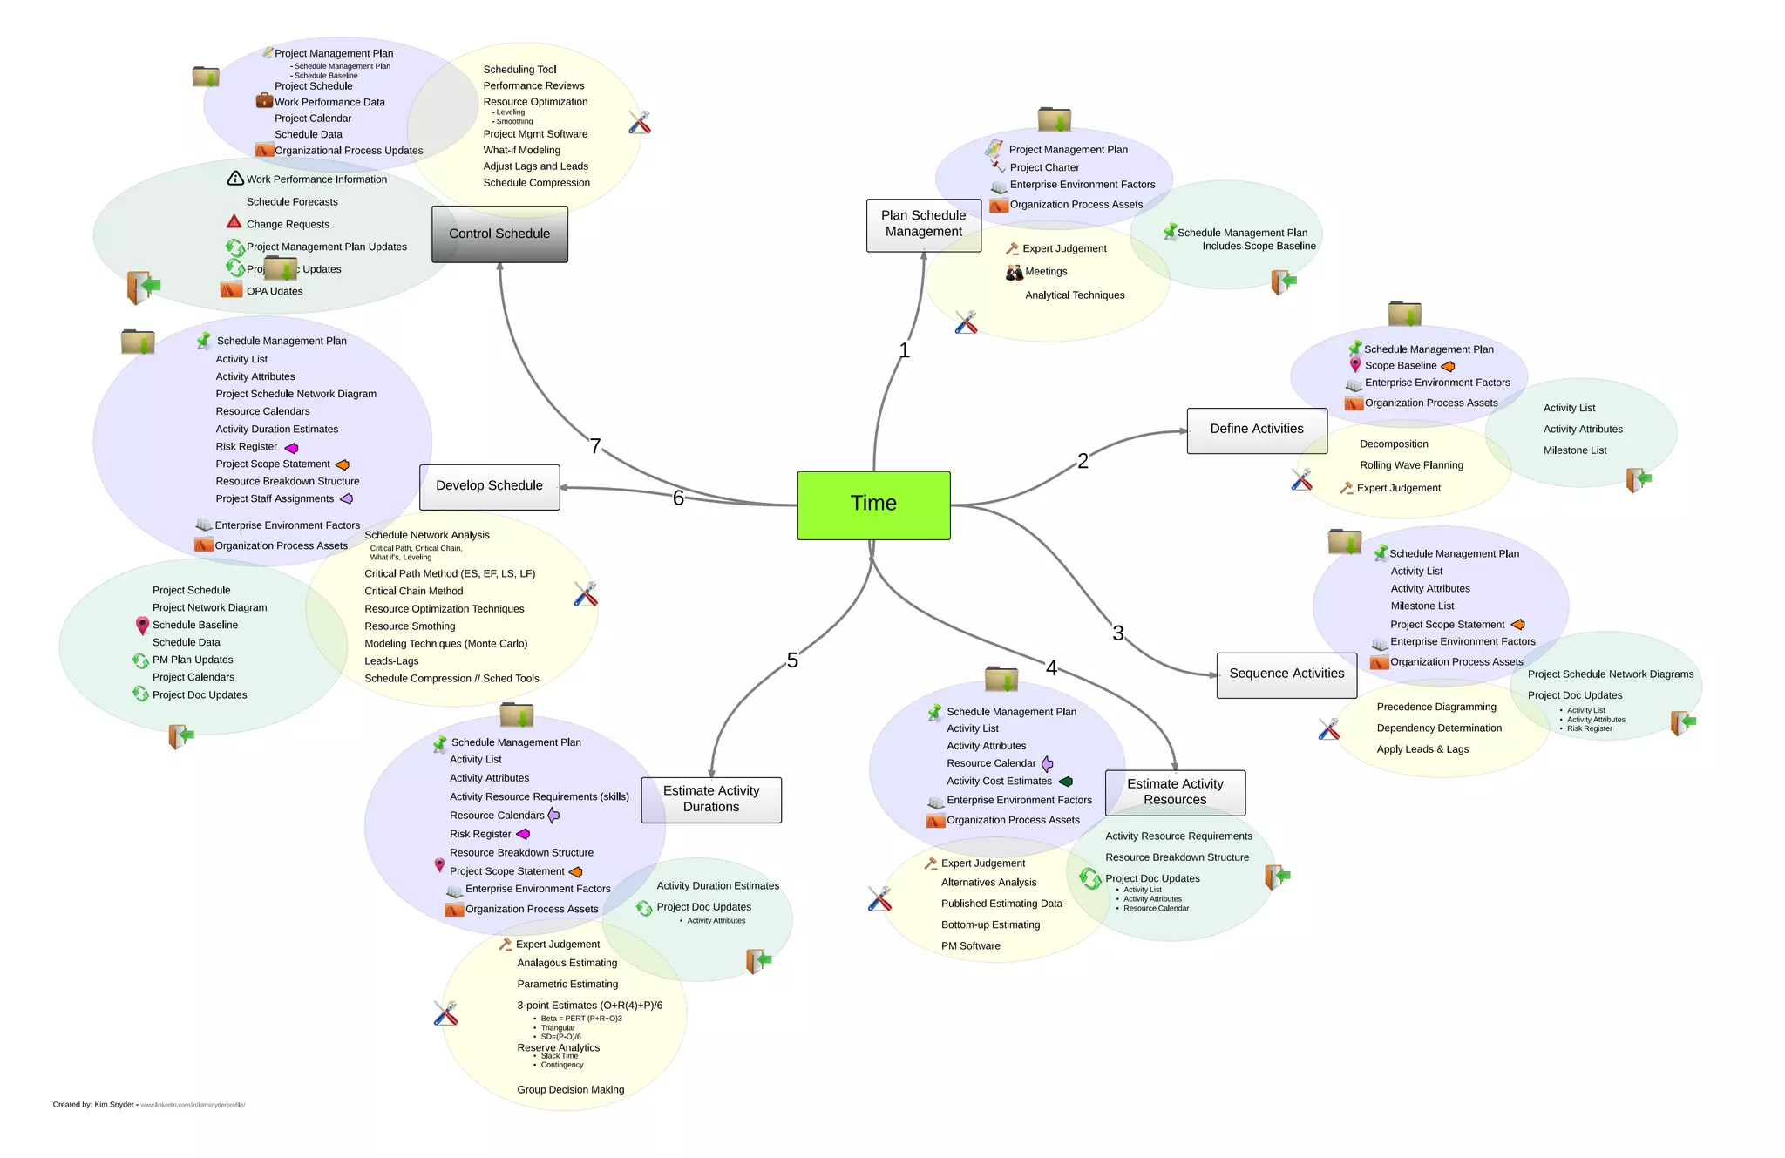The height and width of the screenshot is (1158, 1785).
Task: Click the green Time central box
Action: coord(873,505)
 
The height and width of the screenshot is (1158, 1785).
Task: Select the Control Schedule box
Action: coord(499,234)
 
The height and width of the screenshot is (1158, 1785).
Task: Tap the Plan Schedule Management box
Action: coord(923,224)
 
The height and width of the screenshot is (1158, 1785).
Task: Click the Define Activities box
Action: coord(1256,430)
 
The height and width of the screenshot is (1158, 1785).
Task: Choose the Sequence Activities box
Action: coord(1286,674)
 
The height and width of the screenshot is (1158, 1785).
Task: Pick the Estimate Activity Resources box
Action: coord(1174,792)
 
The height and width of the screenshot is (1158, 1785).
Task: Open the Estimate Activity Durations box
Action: coord(710,799)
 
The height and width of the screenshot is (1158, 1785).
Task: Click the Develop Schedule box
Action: coord(489,486)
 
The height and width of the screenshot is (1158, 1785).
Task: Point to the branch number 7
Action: coord(595,446)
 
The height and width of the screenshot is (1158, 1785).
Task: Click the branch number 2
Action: coord(1083,461)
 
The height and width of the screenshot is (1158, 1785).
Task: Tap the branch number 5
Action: coord(791,660)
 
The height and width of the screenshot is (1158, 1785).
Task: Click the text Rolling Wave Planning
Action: coord(1411,465)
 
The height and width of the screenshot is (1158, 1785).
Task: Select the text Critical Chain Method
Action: coord(413,591)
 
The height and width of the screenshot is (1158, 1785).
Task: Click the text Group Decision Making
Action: coord(570,1089)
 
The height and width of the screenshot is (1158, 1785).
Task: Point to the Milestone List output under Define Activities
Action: coord(1574,450)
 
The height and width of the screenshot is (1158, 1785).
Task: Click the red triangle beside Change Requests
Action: coord(234,222)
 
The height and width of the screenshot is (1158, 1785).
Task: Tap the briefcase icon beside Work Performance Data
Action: coord(264,101)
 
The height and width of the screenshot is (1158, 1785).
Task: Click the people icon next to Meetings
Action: coord(1014,273)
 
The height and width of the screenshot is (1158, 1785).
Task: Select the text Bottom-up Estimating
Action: coord(990,924)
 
